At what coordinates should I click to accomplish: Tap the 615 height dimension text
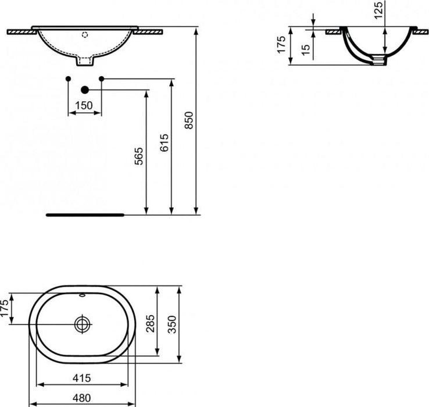point(165,144)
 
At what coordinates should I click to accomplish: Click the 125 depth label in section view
point(380,11)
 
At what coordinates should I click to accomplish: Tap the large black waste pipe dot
point(85,89)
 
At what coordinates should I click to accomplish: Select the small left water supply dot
point(69,78)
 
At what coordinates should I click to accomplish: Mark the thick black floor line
point(85,214)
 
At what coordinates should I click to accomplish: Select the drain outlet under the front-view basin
point(85,60)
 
